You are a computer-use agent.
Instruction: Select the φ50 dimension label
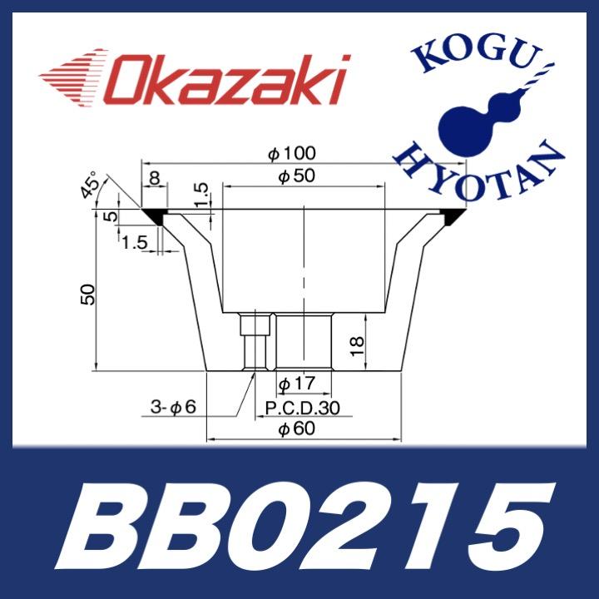pos(295,177)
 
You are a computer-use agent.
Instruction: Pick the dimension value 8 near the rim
pos(155,178)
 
